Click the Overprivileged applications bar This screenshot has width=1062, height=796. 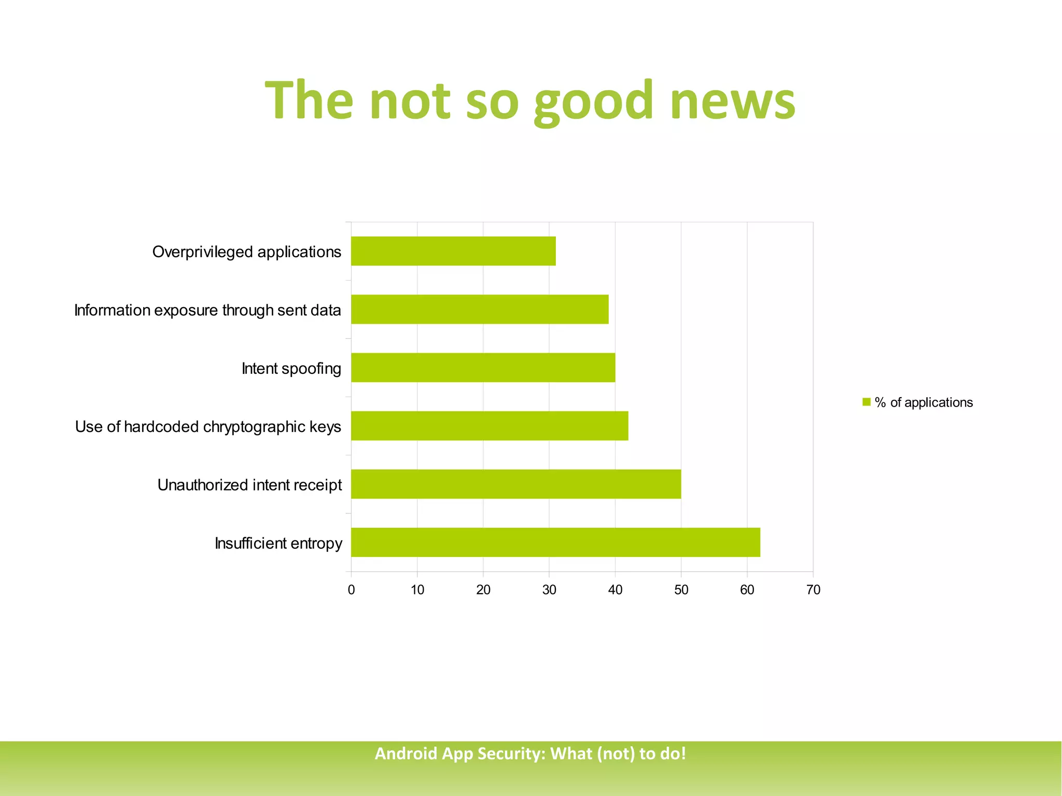click(x=453, y=252)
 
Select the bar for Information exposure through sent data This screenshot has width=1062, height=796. click(x=480, y=310)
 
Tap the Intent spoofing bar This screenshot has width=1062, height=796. click(x=483, y=368)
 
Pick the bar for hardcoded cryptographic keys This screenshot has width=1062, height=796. click(x=490, y=426)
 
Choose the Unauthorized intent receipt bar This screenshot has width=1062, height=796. click(x=516, y=484)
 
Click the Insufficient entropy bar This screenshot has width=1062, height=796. click(x=555, y=542)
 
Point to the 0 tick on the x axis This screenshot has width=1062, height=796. click(x=352, y=590)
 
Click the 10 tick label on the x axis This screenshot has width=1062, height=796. click(x=417, y=590)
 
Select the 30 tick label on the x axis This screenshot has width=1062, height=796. click(x=549, y=590)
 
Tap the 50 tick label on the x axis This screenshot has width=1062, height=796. click(x=681, y=590)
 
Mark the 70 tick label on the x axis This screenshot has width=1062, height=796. click(x=814, y=590)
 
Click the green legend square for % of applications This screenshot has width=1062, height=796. click(x=866, y=402)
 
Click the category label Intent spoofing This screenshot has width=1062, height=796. click(x=291, y=369)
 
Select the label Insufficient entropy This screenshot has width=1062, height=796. click(x=278, y=543)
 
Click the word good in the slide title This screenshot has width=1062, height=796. click(x=593, y=101)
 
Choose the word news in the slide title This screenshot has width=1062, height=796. click(x=732, y=101)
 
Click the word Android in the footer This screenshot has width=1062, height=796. click(x=406, y=753)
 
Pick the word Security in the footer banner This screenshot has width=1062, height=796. click(x=511, y=753)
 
